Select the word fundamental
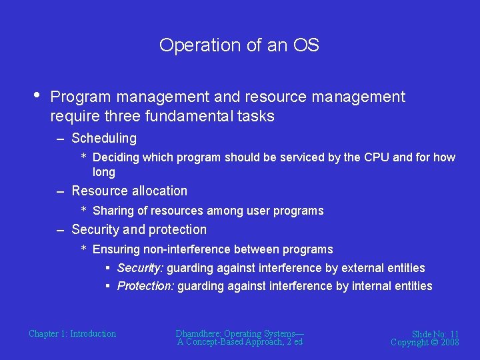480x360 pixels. [x=197, y=116]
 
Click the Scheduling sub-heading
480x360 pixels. [x=104, y=139]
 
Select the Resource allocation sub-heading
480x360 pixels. [x=129, y=191]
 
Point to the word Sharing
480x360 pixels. [x=113, y=211]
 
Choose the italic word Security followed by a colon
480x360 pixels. [x=140, y=268]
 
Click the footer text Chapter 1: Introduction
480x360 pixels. [x=72, y=333]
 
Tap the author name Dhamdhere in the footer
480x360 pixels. [x=198, y=333]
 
